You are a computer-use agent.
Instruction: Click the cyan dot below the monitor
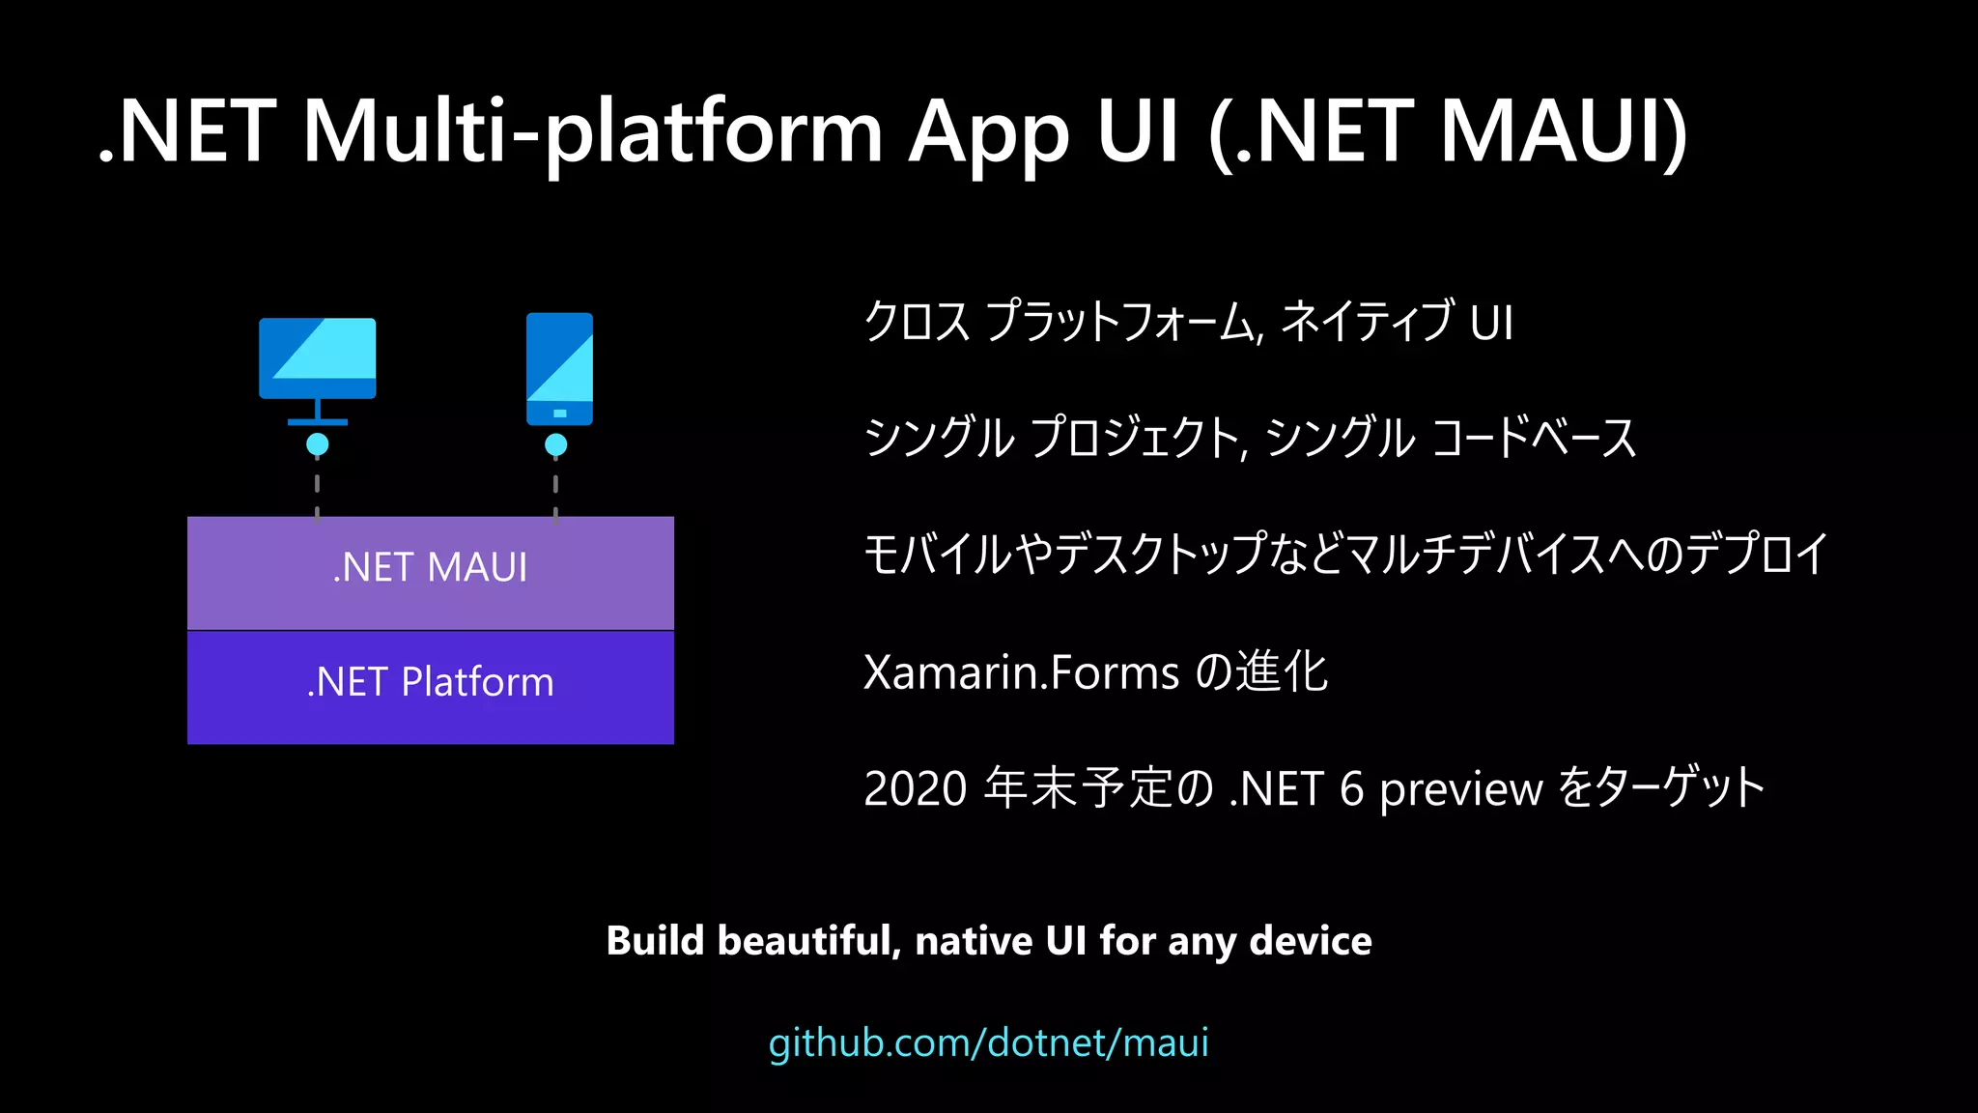(317, 444)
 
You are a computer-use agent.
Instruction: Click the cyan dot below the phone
(555, 444)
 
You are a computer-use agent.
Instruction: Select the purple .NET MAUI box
(430, 572)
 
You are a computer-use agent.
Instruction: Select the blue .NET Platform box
(430, 686)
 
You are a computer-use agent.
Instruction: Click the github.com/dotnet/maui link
(988, 1042)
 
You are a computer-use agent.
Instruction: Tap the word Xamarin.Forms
(1021, 672)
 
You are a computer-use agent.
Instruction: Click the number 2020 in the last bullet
(915, 788)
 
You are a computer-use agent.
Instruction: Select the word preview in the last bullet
(1460, 790)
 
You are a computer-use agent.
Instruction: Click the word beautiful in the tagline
(809, 941)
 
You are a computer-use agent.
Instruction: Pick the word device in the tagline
(1310, 941)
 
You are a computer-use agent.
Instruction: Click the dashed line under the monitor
(317, 488)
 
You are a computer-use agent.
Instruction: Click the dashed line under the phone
(555, 488)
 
